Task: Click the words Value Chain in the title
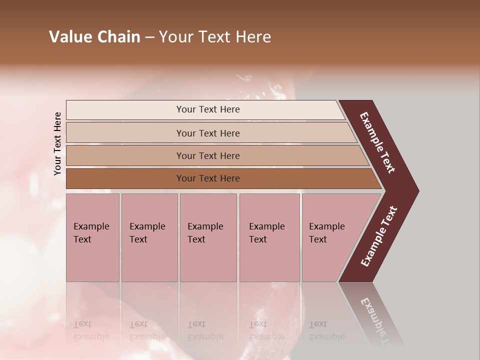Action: coord(94,37)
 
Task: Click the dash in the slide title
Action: coord(149,37)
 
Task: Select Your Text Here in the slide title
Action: coord(215,37)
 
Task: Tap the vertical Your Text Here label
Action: coord(57,144)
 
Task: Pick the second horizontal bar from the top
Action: coord(207,133)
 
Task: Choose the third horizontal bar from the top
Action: coord(207,155)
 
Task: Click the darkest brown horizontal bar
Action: coord(207,178)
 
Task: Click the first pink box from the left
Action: coord(92,237)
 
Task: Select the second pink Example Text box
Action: coord(149,237)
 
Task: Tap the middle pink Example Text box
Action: coord(208,237)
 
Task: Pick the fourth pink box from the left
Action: coord(269,237)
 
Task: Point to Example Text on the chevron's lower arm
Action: coord(379,236)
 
